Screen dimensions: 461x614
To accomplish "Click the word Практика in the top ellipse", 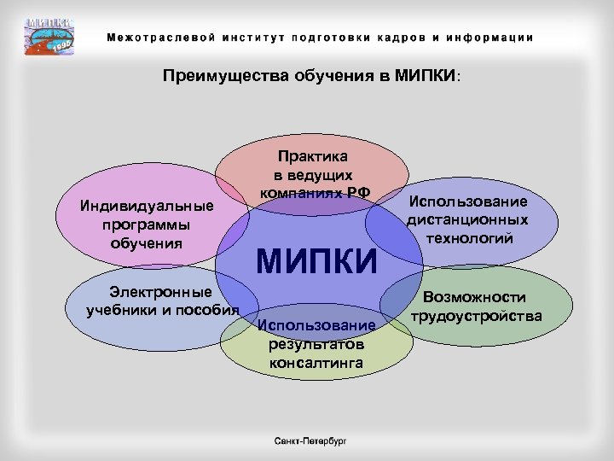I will tap(312, 156).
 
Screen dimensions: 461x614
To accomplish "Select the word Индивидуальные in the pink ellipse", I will tap(145, 207).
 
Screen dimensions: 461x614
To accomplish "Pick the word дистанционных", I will tap(467, 220).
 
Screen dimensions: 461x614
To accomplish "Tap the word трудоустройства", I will tap(476, 316).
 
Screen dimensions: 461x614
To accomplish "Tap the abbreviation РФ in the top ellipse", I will tap(358, 192).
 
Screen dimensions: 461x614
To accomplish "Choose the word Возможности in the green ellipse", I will tap(475, 298).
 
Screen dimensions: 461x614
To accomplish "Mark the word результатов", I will tap(316, 344).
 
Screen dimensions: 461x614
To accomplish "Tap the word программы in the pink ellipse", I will tap(145, 225).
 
